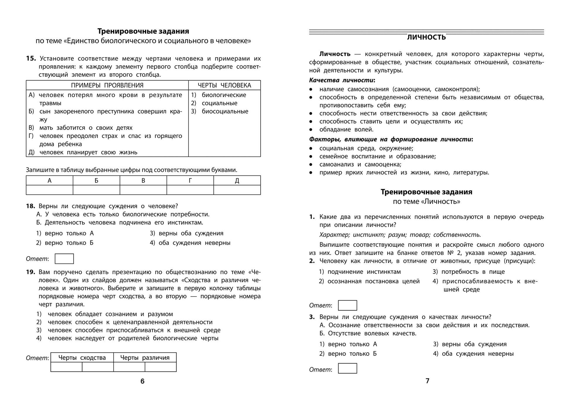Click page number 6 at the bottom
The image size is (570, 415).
coord(142,381)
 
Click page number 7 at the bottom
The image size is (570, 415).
coord(427,381)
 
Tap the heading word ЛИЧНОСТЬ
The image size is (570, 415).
coord(426,37)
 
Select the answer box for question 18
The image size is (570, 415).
coord(64,259)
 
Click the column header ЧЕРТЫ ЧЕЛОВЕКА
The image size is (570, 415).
coord(224,85)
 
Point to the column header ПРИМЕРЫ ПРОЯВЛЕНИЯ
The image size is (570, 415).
coord(107,85)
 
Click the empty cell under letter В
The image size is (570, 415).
coord(143,190)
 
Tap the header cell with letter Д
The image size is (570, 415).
coord(237,181)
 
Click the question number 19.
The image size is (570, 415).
coord(30,272)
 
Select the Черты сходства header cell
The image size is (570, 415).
coord(82,358)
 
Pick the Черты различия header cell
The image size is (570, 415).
coord(145,358)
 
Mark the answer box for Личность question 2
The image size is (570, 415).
coord(347,305)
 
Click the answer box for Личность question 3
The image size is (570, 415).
coord(347,368)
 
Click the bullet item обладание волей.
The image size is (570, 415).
coord(346,130)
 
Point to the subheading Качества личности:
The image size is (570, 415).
coord(342,80)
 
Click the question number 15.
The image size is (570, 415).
coord(31,58)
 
